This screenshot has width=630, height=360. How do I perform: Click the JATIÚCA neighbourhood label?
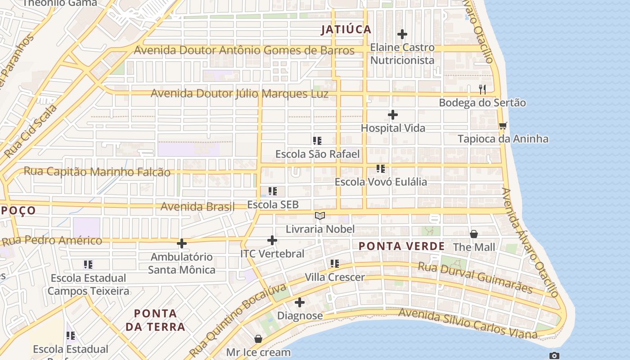pos(346,30)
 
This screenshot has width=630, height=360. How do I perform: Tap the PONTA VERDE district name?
pos(402,246)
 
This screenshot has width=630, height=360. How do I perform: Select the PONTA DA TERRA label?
pos(155,320)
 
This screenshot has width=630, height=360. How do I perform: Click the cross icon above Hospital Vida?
pos(393,115)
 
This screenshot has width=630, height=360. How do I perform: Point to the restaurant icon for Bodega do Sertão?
pos(482,89)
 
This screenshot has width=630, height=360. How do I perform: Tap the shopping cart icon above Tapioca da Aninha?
pos(503,126)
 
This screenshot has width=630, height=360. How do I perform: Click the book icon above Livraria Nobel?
pos(320,216)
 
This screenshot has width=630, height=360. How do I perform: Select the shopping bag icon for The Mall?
pos(474,234)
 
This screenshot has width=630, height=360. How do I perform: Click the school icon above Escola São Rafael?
pos(317,141)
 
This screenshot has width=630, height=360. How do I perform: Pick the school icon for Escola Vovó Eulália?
pos(381,169)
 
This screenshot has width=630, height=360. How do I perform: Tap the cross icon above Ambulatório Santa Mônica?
pos(182,243)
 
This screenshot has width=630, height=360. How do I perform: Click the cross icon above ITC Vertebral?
pos(272,240)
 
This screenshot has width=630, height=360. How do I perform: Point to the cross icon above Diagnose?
pos(300,302)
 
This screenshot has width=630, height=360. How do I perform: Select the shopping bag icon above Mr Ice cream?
pos(258,339)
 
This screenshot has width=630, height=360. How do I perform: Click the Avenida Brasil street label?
pos(198,207)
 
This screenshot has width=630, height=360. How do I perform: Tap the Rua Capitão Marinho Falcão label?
pos(97,171)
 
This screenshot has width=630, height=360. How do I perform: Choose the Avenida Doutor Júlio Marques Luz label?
pos(239,94)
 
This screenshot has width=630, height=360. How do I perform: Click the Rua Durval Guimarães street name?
pos(475,277)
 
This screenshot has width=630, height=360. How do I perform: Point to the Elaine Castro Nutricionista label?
pos(402,54)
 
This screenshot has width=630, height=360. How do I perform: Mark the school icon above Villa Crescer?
pos(335,264)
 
